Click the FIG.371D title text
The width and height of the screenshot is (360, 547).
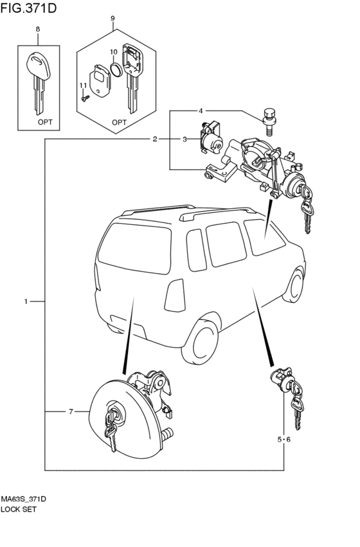click(28, 8)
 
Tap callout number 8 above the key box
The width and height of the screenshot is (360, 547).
click(38, 30)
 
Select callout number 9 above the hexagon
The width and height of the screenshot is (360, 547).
click(113, 18)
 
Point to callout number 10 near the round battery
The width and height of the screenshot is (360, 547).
click(114, 52)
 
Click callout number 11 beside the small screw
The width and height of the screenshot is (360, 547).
click(83, 85)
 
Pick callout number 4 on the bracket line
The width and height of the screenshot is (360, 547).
click(201, 111)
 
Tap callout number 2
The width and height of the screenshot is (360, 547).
click(155, 139)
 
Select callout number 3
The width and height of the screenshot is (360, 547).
click(185, 139)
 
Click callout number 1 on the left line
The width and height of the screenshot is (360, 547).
click(26, 301)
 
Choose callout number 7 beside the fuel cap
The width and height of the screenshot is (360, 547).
click(71, 411)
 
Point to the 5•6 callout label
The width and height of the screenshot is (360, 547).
click(284, 440)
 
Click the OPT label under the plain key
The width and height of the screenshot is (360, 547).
click(45, 122)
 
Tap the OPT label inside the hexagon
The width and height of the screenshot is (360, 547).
click(120, 122)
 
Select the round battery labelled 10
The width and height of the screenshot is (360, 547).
click(116, 69)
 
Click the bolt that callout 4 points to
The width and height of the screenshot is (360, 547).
click(268, 122)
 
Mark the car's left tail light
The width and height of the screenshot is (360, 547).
click(175, 296)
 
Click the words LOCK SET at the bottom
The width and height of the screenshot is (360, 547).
click(19, 509)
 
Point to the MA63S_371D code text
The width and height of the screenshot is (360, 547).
click(24, 499)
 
